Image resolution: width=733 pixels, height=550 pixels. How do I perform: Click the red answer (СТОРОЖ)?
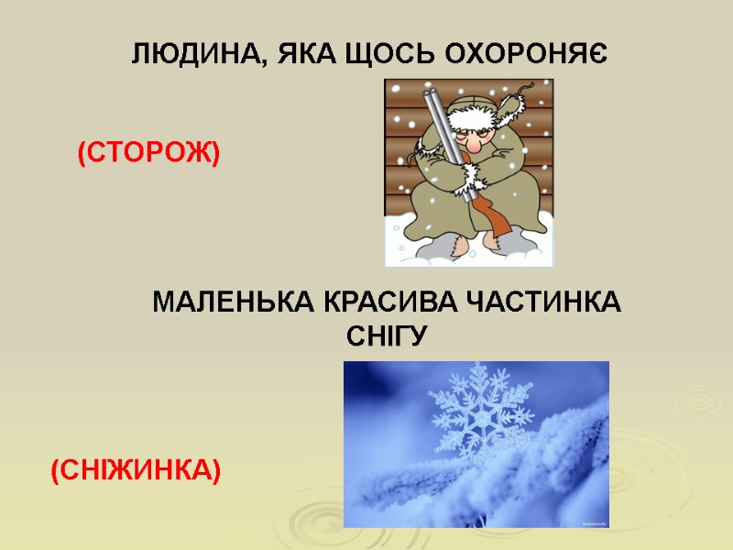pos(148,153)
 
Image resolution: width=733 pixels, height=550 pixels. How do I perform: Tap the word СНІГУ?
pos(387,336)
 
